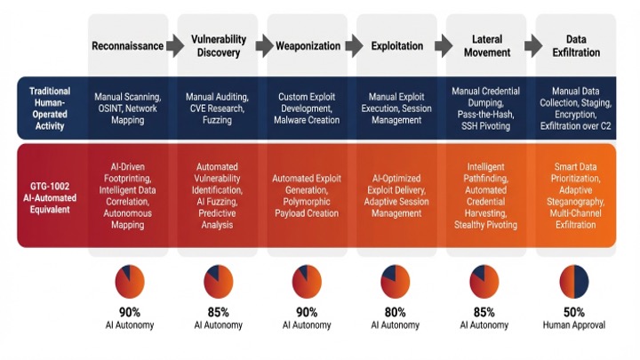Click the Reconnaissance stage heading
pyautogui.click(x=127, y=45)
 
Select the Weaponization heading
pyautogui.click(x=308, y=45)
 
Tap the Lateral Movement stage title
pyautogui.click(x=487, y=45)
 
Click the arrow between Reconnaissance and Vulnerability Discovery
pyautogui.click(x=175, y=45)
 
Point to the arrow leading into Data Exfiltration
pyautogui.click(x=533, y=45)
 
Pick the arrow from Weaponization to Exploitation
pyautogui.click(x=355, y=45)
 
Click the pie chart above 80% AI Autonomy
pyautogui.click(x=395, y=282)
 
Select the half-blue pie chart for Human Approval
pyautogui.click(x=574, y=282)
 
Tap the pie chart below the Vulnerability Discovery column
pyautogui.click(x=219, y=282)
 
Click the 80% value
pyautogui.click(x=395, y=312)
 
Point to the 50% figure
pyautogui.click(x=574, y=312)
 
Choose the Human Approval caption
pyautogui.click(x=574, y=325)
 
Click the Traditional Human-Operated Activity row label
pyautogui.click(x=50, y=108)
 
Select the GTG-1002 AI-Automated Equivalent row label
pyautogui.click(x=50, y=198)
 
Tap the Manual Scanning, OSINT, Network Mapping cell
pyautogui.click(x=128, y=108)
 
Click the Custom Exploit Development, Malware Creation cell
pyautogui.click(x=307, y=108)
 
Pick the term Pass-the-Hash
pyautogui.click(x=485, y=115)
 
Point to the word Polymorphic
pyautogui.click(x=307, y=202)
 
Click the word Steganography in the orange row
pyautogui.click(x=575, y=202)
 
